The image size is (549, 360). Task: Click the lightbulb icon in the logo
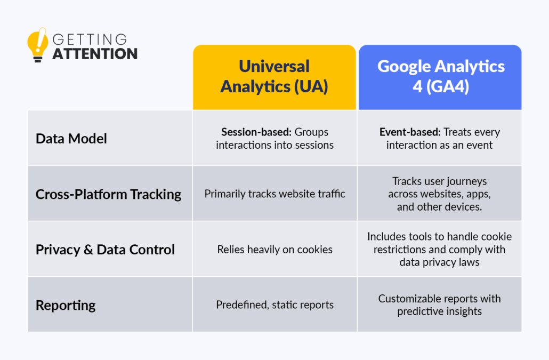(x=37, y=45)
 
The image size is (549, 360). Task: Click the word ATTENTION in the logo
(x=95, y=54)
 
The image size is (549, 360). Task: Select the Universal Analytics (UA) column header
(x=274, y=76)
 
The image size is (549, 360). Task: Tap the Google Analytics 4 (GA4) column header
(x=441, y=76)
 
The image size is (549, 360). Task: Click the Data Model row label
(x=71, y=139)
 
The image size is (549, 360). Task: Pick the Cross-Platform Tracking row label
(x=108, y=194)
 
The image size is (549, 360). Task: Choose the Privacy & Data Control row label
(x=105, y=250)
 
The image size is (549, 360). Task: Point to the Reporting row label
(x=66, y=305)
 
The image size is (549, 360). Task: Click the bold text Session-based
(x=248, y=132)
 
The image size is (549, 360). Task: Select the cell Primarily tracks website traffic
(x=274, y=194)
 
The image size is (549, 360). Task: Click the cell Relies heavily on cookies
(x=274, y=249)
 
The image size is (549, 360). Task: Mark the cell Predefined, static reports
(x=274, y=305)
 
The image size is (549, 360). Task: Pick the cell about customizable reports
(x=439, y=305)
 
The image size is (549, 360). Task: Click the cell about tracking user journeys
(x=439, y=194)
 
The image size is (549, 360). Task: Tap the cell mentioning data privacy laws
(x=439, y=249)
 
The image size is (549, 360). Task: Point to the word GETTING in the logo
(x=90, y=40)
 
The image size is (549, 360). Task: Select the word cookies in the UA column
(x=316, y=249)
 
